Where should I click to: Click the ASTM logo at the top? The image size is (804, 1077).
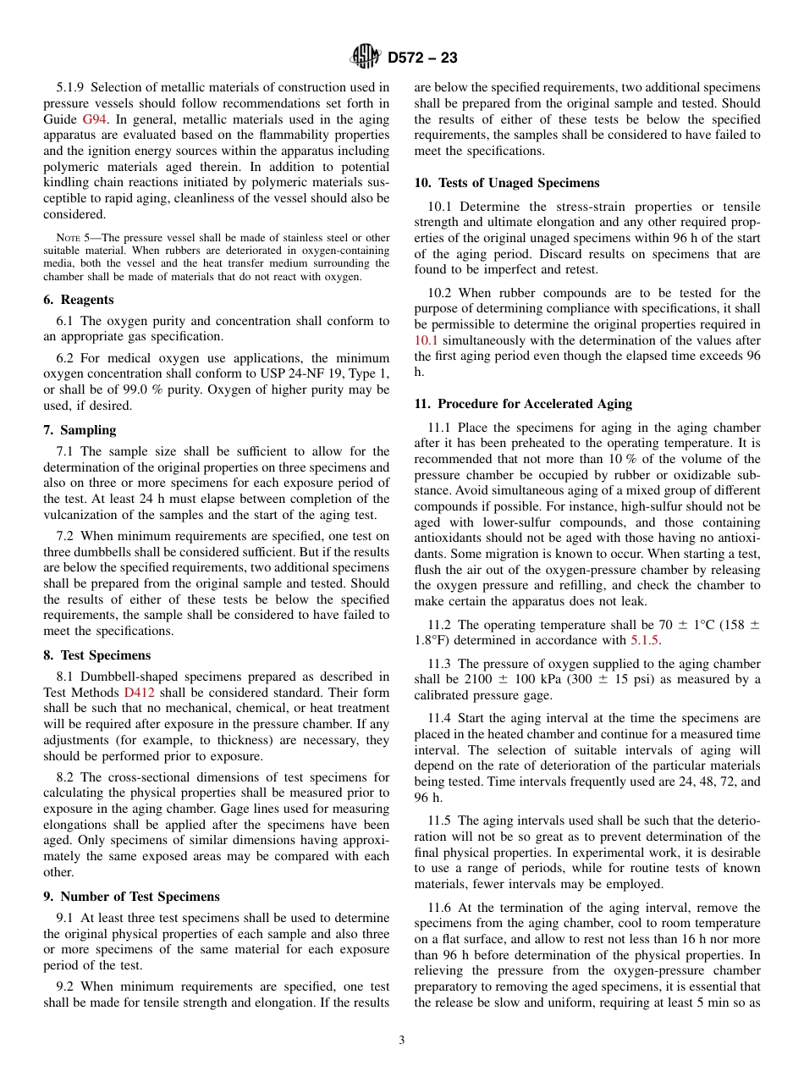pyautogui.click(x=366, y=58)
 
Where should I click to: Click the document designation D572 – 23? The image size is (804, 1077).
pyautogui.click(x=422, y=58)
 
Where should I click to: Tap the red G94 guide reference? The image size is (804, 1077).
pyautogui.click(x=93, y=119)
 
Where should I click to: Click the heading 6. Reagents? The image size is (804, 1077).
pyautogui.click(x=79, y=300)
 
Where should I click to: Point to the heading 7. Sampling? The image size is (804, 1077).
pyautogui.click(x=80, y=430)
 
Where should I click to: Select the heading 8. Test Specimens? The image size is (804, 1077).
pyautogui.click(x=96, y=655)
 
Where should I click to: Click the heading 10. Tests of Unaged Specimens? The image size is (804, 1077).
pyautogui.click(x=506, y=183)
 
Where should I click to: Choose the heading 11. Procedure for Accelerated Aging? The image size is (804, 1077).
pyautogui.click(x=523, y=404)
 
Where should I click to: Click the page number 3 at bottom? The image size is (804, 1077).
pyautogui.click(x=401, y=1041)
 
